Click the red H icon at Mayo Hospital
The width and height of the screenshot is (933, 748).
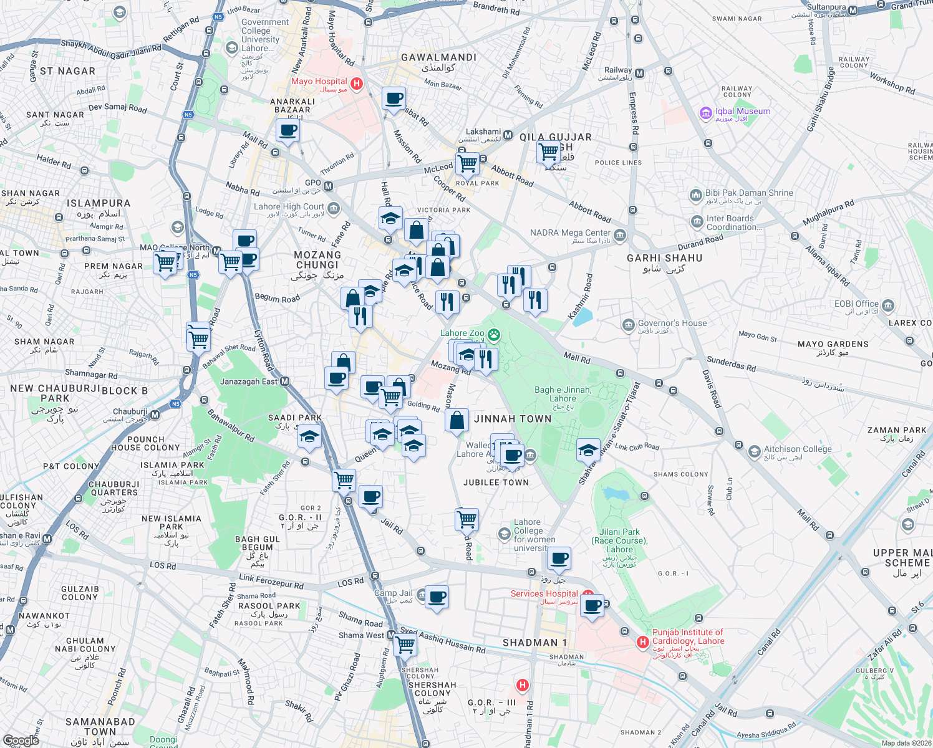click(356, 84)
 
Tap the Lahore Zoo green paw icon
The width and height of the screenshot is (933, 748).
click(494, 335)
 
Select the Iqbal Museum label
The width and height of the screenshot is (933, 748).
click(742, 112)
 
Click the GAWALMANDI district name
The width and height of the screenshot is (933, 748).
click(438, 57)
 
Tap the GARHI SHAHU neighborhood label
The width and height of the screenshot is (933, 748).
click(664, 258)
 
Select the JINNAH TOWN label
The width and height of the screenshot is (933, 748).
click(513, 419)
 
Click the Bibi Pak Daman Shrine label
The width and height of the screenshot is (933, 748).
click(749, 193)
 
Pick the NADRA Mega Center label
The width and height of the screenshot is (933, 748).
click(570, 233)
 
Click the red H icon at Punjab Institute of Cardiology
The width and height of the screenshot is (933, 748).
click(642, 641)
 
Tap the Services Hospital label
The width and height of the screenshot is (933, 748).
click(544, 593)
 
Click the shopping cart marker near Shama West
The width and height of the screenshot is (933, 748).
click(405, 645)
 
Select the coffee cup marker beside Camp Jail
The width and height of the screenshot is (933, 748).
click(437, 597)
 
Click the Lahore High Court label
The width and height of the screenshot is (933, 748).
click(289, 207)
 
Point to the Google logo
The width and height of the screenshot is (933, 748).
click(21, 740)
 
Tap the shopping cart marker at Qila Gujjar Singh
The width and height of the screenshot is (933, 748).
click(549, 151)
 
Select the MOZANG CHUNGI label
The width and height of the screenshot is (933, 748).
click(317, 260)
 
